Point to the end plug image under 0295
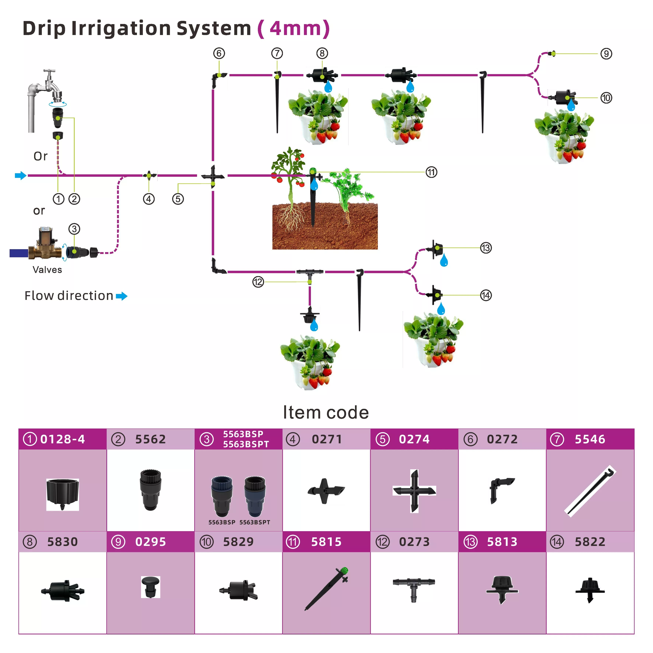pos(150,587)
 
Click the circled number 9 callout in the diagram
pos(606,54)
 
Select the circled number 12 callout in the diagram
pos(258,282)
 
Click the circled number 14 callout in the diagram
pos(486,295)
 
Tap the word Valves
pos(47,270)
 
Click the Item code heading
pos(326,412)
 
